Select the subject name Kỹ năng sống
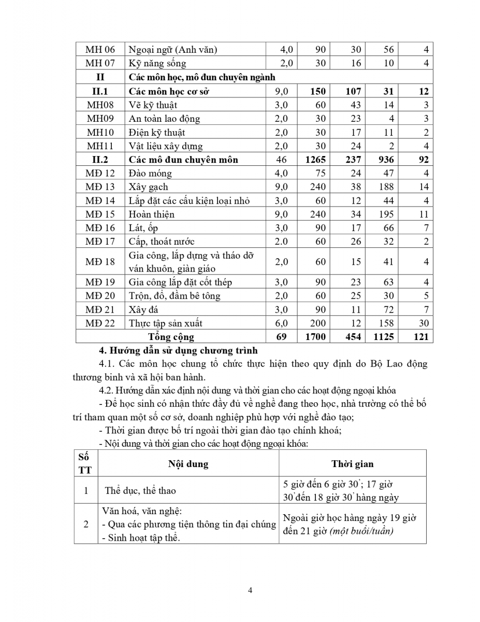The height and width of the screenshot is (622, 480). point(157,64)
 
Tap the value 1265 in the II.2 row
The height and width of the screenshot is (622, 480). point(315,160)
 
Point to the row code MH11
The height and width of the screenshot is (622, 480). point(100,146)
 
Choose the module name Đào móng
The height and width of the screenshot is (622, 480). point(150,173)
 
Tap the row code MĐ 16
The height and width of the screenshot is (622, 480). point(100,228)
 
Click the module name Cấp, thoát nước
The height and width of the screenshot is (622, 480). point(162,242)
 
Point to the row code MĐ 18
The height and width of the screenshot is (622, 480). point(100,262)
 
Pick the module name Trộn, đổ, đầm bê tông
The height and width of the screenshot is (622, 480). point(174,296)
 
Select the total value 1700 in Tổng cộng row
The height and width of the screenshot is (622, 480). point(315,337)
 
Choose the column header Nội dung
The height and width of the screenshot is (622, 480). point(188,464)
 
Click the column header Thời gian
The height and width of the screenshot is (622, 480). point(352,464)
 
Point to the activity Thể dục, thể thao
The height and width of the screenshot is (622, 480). point(140,490)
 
